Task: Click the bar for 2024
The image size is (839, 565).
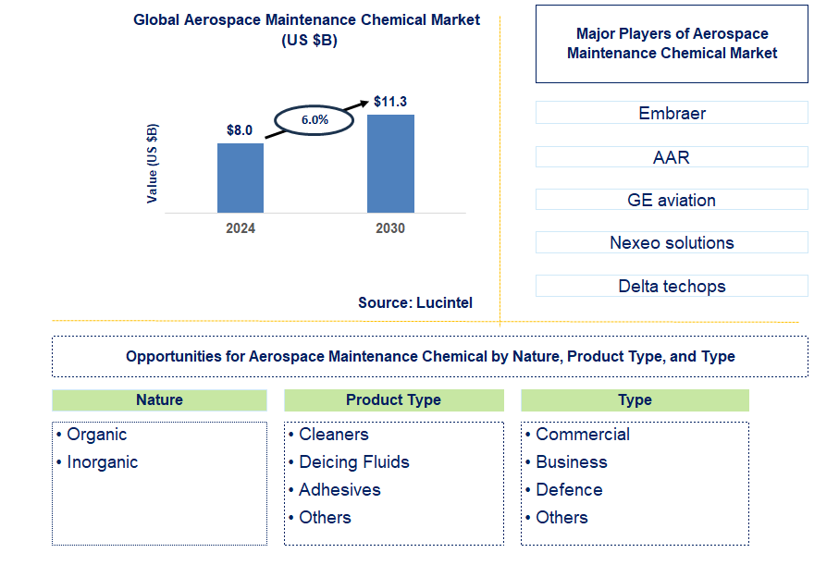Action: pyautogui.click(x=241, y=178)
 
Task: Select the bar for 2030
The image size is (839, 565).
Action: pyautogui.click(x=390, y=164)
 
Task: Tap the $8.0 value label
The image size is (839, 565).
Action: pyautogui.click(x=240, y=130)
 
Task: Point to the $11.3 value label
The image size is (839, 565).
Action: pyautogui.click(x=390, y=102)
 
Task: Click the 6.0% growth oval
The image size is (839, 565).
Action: pyautogui.click(x=315, y=120)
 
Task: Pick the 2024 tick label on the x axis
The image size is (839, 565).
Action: pyautogui.click(x=241, y=228)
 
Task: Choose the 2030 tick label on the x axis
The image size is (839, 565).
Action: pyautogui.click(x=390, y=228)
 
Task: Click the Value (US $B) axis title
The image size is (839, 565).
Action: pyautogui.click(x=153, y=163)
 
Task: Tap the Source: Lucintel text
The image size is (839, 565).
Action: pyautogui.click(x=415, y=302)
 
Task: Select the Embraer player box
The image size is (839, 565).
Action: pyautogui.click(x=672, y=114)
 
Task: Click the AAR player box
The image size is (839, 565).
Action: pyautogui.click(x=672, y=157)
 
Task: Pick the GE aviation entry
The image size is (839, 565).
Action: pyautogui.click(x=672, y=200)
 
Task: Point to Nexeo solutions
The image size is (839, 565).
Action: pyautogui.click(x=672, y=243)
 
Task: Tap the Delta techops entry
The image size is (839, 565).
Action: pyautogui.click(x=672, y=286)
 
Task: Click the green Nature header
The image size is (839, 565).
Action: pyautogui.click(x=159, y=400)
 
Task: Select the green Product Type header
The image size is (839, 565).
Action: pyautogui.click(x=393, y=400)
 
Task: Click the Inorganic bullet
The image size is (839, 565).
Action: pyautogui.click(x=102, y=462)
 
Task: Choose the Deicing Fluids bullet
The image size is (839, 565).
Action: pyautogui.click(x=353, y=462)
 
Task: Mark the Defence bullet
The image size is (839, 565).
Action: pyautogui.click(x=569, y=490)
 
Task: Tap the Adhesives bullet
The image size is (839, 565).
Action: pyautogui.click(x=339, y=490)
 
